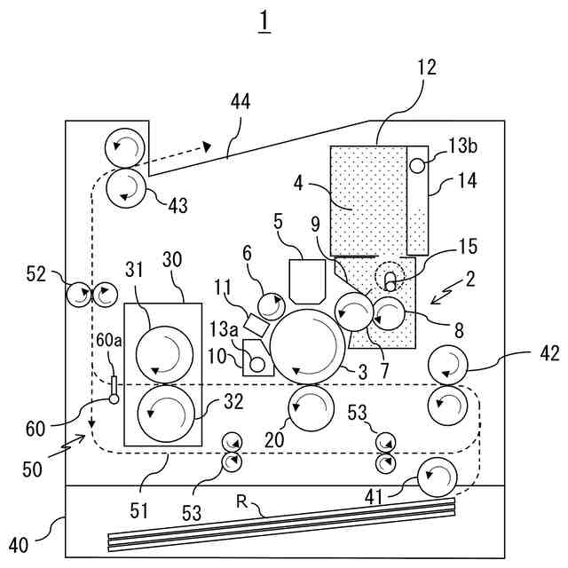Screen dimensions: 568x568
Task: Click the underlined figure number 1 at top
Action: (x=264, y=21)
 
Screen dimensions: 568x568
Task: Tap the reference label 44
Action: (x=241, y=102)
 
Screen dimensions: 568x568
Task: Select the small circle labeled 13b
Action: (x=417, y=166)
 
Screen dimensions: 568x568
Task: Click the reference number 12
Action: (x=428, y=67)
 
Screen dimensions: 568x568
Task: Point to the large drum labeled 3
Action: (x=308, y=347)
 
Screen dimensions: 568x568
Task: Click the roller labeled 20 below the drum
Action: (x=311, y=408)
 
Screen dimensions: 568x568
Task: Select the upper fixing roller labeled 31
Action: (x=164, y=355)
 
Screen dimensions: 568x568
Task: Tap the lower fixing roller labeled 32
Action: (x=166, y=414)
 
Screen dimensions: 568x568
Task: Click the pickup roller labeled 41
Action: (x=438, y=477)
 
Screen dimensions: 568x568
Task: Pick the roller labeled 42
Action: (x=448, y=365)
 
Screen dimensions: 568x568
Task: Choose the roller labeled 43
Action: (x=126, y=188)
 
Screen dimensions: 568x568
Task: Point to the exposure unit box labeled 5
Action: (x=308, y=281)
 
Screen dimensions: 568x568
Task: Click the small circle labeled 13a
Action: (x=257, y=365)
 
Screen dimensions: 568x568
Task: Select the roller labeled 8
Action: (x=389, y=313)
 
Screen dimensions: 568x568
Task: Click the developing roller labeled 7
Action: (x=354, y=312)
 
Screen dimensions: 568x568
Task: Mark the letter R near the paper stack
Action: (x=241, y=501)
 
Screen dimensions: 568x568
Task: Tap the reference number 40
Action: (x=19, y=545)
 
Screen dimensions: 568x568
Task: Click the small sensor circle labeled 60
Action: (x=114, y=399)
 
